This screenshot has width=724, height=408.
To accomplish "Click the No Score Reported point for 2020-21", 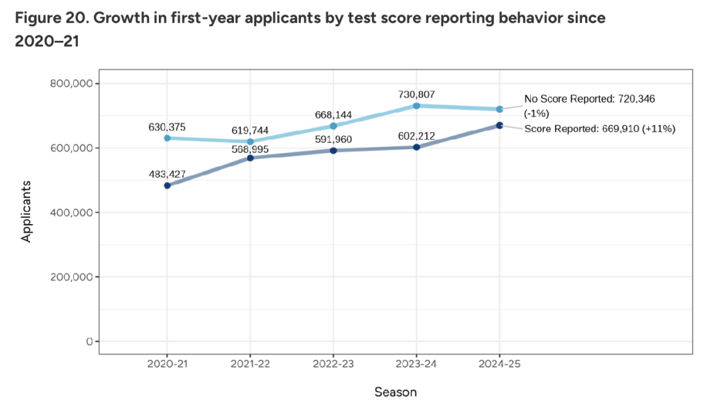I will [167, 138].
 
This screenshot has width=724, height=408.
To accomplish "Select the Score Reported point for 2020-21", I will [167, 185].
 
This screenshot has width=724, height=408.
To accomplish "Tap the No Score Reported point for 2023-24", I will [416, 106].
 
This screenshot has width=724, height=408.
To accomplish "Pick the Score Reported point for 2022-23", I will [333, 150].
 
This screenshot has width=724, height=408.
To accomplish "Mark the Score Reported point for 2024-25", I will [499, 125].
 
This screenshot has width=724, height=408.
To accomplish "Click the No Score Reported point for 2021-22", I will [250, 142].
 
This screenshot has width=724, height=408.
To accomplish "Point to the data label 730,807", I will [416, 95].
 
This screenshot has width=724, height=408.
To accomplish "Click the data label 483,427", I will [167, 174].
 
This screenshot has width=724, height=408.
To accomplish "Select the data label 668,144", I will [333, 115].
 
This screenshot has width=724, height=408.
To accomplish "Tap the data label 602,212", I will [416, 136].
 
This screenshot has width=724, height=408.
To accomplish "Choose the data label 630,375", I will [167, 127].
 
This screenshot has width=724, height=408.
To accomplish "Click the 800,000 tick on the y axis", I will [70, 84].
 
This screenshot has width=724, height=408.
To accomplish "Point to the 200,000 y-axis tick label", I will [70, 277].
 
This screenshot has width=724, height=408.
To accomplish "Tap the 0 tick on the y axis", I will [88, 342].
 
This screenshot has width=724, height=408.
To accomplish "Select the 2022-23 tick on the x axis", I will [333, 363].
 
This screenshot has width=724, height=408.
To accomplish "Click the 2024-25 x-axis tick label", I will [499, 363].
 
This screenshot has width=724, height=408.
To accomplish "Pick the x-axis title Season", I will [396, 392].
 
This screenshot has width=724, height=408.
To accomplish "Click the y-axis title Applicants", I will [27, 212].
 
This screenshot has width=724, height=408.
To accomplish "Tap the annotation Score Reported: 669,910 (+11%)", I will [599, 128].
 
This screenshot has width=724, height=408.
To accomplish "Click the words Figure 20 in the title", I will [47, 17].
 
